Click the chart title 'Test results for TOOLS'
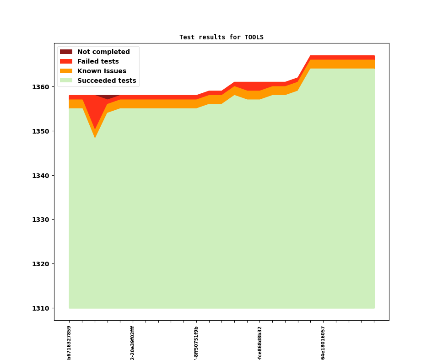(221, 38)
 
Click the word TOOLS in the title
(254, 38)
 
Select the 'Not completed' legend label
(103, 52)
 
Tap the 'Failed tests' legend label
(98, 62)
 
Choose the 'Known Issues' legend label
(102, 71)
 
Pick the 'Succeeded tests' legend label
(107, 81)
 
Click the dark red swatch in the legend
(66, 52)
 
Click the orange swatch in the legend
(66, 71)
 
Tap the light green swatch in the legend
(66, 81)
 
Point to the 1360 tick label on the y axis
(41, 87)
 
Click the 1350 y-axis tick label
(41, 131)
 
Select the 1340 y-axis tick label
(41, 176)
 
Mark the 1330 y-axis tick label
(41, 220)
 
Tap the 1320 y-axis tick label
(41, 264)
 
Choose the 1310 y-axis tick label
(41, 308)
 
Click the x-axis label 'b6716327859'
(69, 343)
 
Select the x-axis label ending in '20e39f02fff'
(133, 343)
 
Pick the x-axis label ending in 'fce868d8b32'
(260, 343)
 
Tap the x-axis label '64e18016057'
(323, 343)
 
